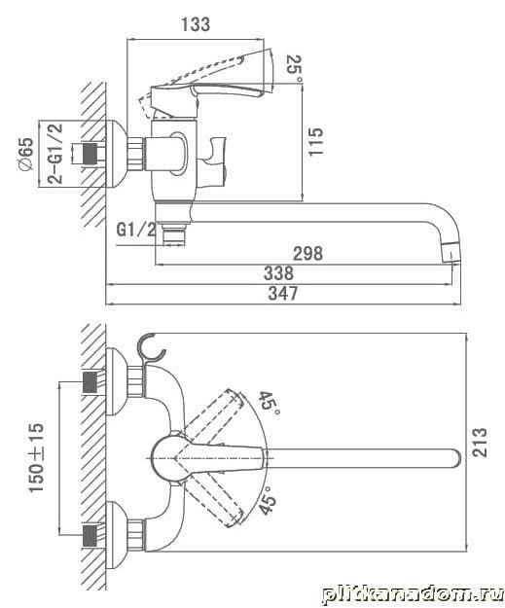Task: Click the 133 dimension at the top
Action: pos(196,24)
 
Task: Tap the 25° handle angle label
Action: pos(295,69)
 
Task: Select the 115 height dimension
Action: pos(315,141)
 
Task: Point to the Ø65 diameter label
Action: pos(26,154)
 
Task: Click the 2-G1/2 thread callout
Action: pos(54,154)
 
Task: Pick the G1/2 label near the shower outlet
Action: pos(136,231)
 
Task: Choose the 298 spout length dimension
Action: pos(308,254)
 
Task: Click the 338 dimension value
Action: pos(278,273)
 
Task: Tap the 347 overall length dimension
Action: pos(283,294)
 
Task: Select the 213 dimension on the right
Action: pos(479,443)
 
